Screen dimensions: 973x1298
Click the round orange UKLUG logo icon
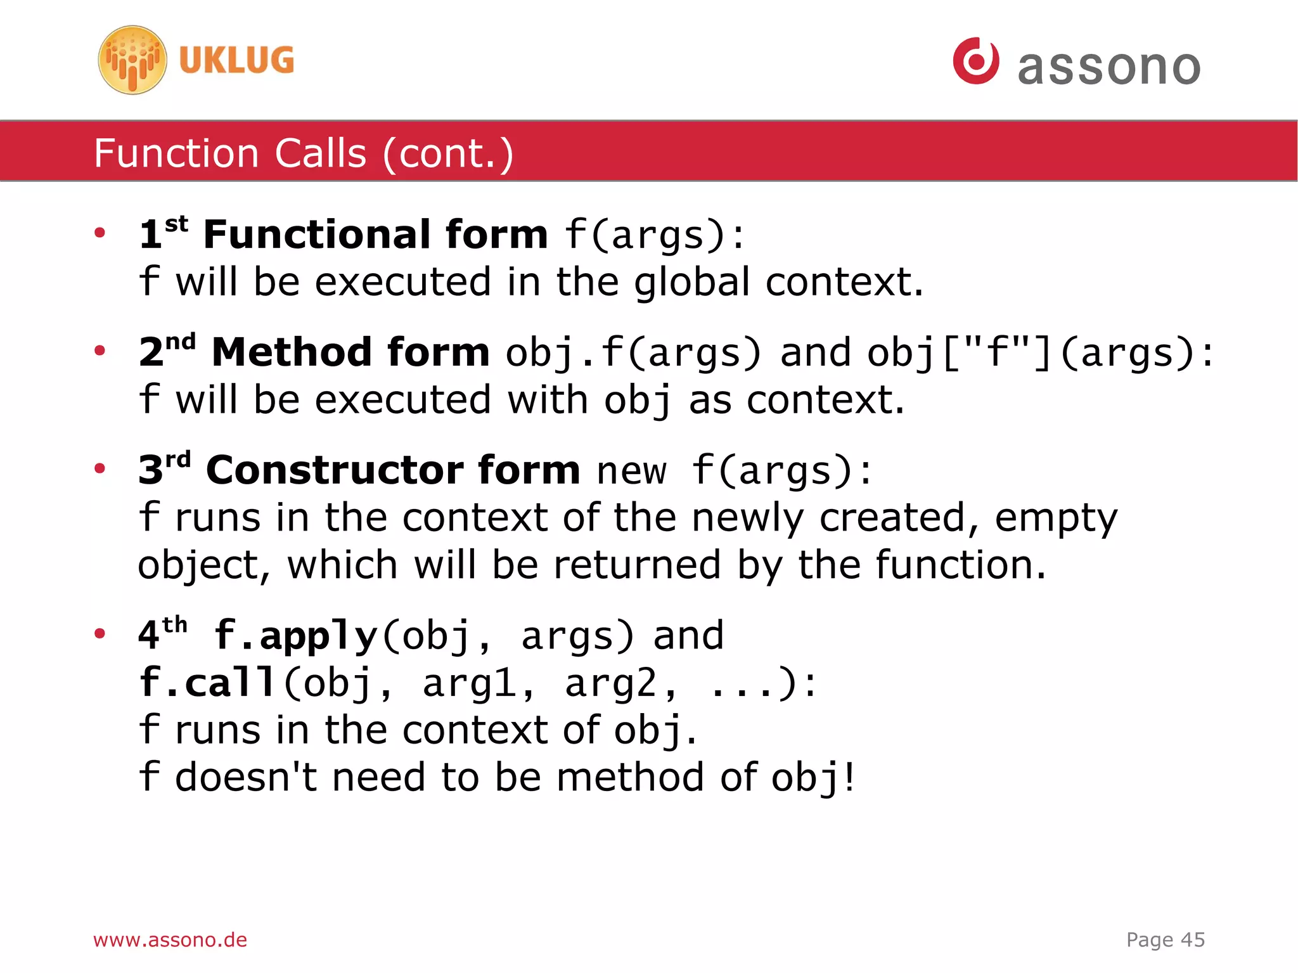132,60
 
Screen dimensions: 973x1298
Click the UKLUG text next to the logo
236,60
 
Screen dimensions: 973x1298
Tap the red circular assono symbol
975,61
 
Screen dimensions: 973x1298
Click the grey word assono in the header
1109,67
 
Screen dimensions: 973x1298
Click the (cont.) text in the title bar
448,153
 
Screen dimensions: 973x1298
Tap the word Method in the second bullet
291,352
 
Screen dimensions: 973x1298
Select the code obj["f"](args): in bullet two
1039,353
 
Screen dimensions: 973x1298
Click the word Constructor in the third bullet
342,470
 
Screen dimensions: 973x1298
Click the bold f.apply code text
296,636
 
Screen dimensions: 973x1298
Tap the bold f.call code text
207,683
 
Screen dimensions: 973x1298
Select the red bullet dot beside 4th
100,633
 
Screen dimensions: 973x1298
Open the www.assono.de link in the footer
170,939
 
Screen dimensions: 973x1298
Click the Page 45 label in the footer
1165,939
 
